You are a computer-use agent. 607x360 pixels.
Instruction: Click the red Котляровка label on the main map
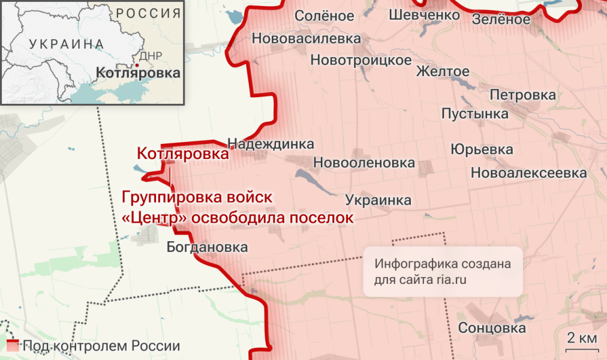(x=182, y=154)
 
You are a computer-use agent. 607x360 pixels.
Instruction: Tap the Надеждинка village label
(x=271, y=144)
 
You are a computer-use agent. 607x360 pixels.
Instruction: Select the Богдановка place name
(x=207, y=247)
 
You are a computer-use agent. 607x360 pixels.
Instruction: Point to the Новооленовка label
(x=364, y=163)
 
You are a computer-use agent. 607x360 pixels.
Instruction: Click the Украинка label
(x=378, y=200)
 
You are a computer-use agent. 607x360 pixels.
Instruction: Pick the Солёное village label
(x=324, y=16)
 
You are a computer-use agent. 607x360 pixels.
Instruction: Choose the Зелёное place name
(x=501, y=19)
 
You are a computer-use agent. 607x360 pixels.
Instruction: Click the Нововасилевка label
(x=306, y=39)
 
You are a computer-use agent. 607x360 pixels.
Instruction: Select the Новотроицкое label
(x=361, y=60)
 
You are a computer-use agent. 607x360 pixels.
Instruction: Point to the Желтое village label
(x=443, y=71)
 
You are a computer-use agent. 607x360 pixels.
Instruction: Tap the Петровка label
(x=522, y=95)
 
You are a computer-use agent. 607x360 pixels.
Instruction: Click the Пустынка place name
(x=474, y=113)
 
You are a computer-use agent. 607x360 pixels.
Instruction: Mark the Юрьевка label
(x=482, y=149)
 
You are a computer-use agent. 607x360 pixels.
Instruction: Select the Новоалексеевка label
(x=528, y=173)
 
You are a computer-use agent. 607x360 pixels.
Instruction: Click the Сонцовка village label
(x=492, y=328)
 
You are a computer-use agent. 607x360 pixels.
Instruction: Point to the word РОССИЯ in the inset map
(x=148, y=13)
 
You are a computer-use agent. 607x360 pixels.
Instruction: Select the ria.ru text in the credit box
(x=449, y=279)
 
